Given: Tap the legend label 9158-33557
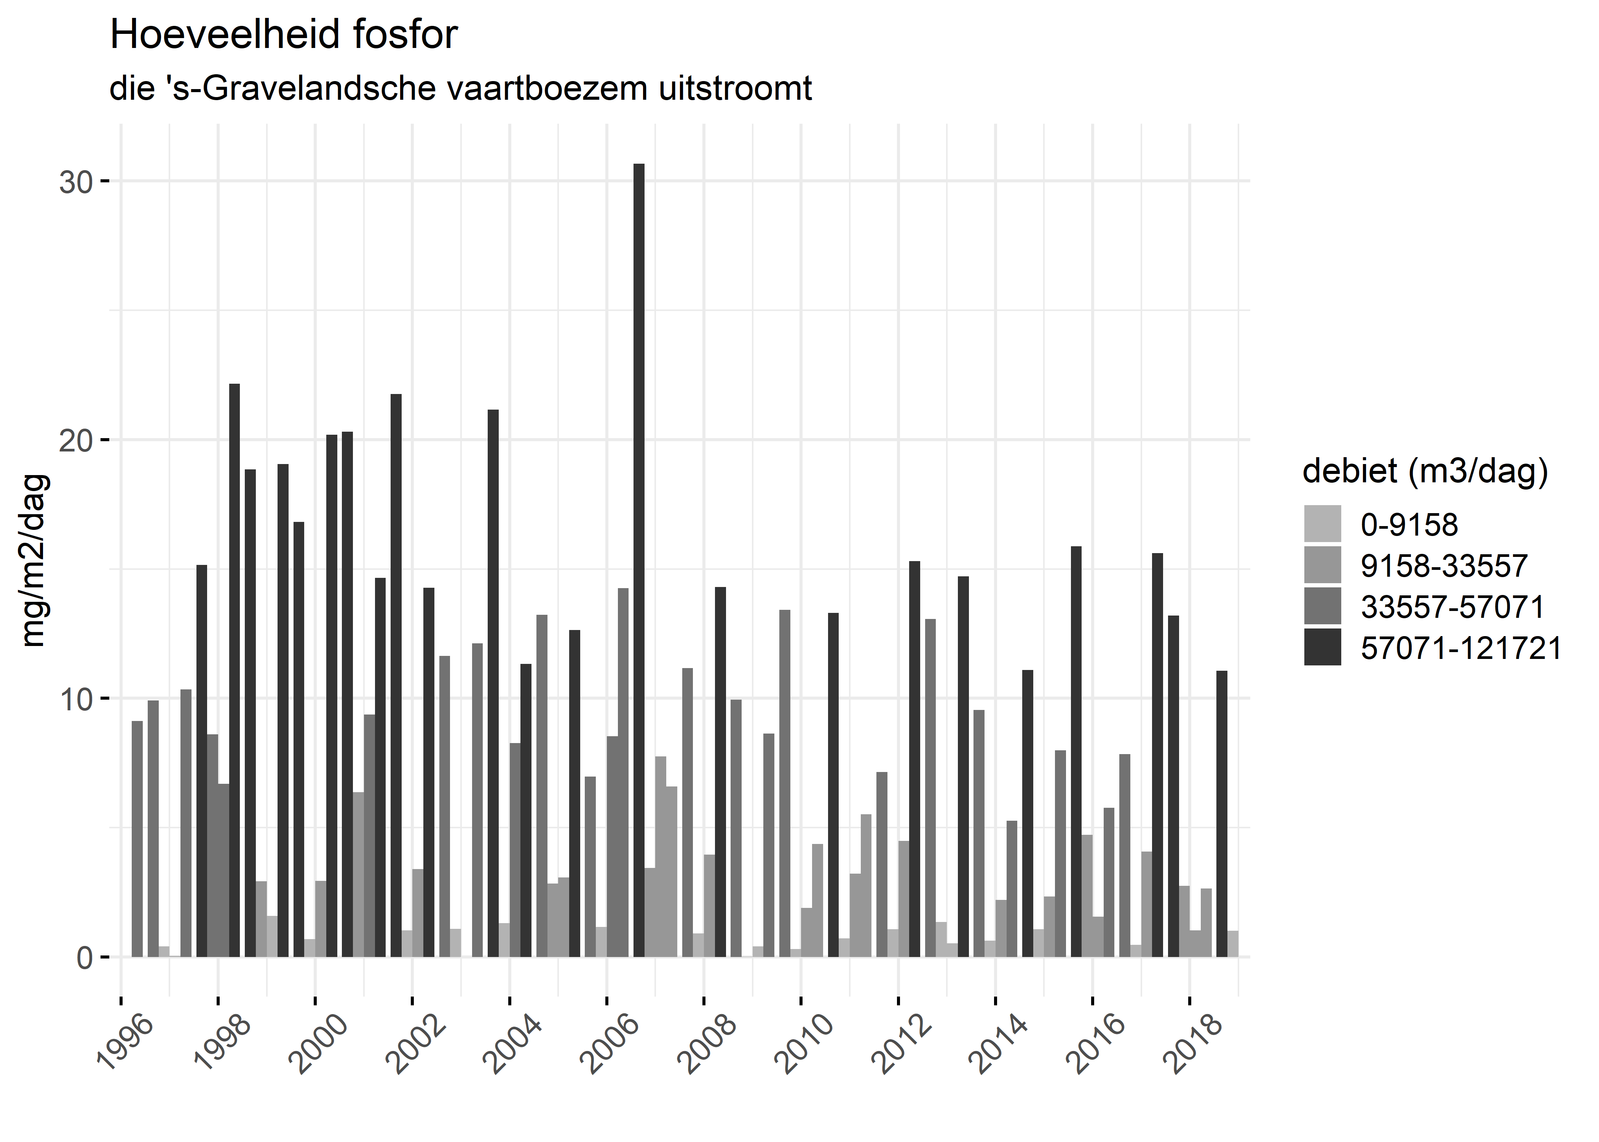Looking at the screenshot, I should pos(1444,565).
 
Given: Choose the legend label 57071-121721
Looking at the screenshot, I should pos(1460,648).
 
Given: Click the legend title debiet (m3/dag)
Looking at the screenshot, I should pos(1425,472).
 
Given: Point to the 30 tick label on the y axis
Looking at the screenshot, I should pos(76,182).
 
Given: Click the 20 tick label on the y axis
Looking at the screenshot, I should pos(76,441).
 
